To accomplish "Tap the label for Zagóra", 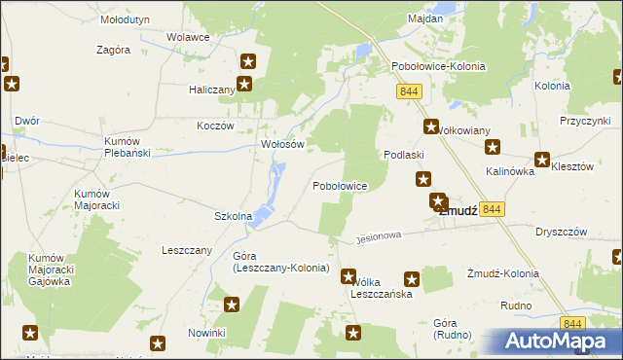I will click(x=114, y=50).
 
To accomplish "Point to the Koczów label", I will click(x=215, y=126).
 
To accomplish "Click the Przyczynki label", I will click(x=584, y=120).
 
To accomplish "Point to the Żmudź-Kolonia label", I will click(x=502, y=273).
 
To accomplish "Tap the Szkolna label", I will click(x=233, y=216).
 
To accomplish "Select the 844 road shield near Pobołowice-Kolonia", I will click(x=409, y=90).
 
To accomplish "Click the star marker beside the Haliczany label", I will click(x=244, y=84).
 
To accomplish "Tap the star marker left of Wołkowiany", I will click(x=431, y=126).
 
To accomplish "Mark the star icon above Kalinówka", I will click(x=493, y=148).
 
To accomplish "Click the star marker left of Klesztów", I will click(x=541, y=160).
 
